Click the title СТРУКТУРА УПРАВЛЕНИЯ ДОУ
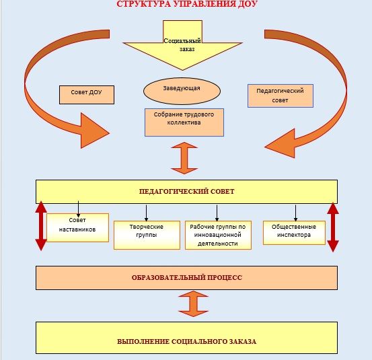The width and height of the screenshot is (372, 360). pos(187,4)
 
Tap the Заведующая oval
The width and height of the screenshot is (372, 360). pos(182,91)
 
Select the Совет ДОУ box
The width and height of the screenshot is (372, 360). pos(87,95)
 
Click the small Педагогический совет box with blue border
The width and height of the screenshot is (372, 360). pos(281,96)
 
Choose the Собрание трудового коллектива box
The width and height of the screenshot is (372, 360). pos(184,122)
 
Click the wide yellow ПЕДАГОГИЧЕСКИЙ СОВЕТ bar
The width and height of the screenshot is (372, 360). pos(186,192)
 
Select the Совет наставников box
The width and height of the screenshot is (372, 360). pos(77,227)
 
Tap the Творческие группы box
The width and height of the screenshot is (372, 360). pos(147,235)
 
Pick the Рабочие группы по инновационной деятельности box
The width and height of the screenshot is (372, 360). pos(218,235)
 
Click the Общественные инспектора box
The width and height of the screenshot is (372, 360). pos(294,233)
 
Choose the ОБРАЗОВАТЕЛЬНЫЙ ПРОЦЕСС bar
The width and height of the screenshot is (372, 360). pos(186,278)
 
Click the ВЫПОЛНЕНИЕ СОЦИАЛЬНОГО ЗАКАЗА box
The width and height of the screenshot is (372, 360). pos(186,338)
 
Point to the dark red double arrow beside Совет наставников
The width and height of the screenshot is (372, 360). pos(41,226)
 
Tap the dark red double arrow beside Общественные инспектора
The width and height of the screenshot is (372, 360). pos(333,227)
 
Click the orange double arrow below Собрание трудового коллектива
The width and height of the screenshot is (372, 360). pos(184,158)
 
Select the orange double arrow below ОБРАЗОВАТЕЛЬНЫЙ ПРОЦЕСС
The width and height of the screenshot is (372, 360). pos(193,304)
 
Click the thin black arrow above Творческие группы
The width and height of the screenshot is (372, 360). pos(146,213)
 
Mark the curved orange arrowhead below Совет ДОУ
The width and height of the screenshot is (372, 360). pos(95,131)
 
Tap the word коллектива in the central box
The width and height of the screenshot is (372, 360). pos(184,122)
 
